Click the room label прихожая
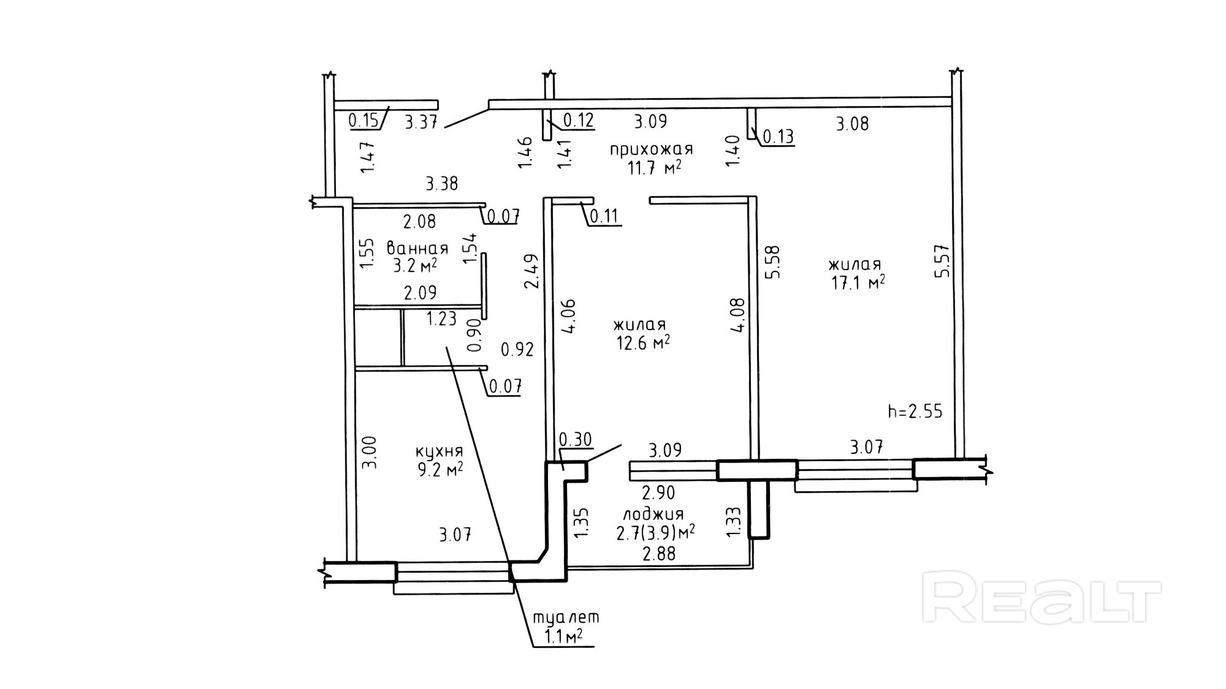[651, 149]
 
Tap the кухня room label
[439, 452]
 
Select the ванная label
[417, 249]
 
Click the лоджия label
[653, 514]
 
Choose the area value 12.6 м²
[642, 342]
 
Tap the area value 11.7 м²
[654, 168]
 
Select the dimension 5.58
[772, 262]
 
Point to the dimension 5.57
[942, 262]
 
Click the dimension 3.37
[422, 122]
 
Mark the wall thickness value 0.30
[576, 440]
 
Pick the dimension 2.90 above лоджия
[658, 492]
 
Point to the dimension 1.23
[442, 318]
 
